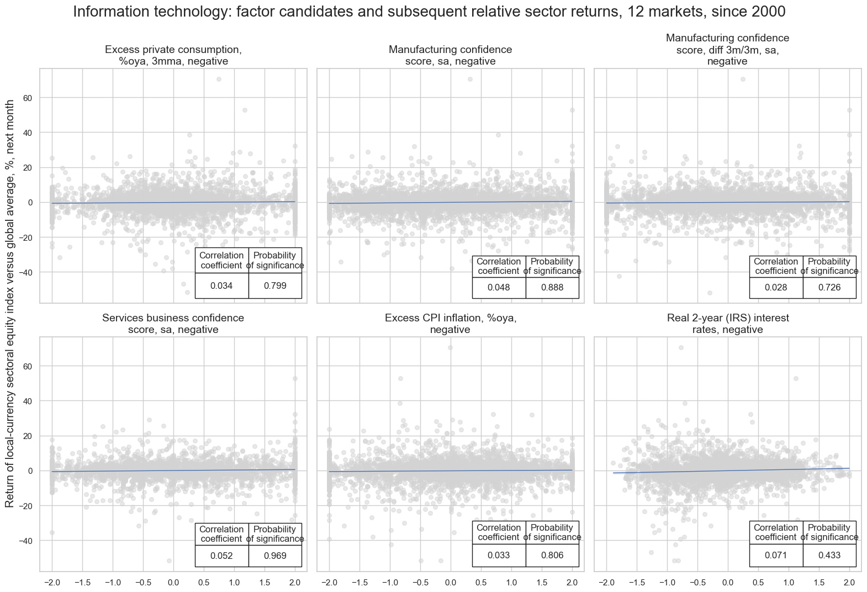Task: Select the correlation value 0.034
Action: click(221, 286)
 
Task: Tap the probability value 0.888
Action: click(552, 288)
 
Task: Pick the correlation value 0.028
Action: click(776, 288)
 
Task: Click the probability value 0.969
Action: click(275, 556)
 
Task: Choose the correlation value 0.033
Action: click(499, 556)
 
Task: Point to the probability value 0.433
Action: click(829, 556)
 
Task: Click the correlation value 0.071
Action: click(776, 556)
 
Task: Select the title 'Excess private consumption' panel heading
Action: click(173, 55)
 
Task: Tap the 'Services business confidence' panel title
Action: click(173, 324)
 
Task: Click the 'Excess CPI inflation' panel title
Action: click(451, 324)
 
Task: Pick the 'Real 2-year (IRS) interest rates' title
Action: click(728, 324)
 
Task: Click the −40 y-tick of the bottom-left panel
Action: click(27, 540)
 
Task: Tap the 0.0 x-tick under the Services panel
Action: click(173, 582)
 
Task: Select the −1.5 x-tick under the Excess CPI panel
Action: click(360, 582)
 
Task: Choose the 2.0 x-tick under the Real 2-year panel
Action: click(849, 582)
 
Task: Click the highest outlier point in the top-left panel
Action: click(219, 79)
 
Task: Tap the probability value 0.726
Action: click(829, 288)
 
